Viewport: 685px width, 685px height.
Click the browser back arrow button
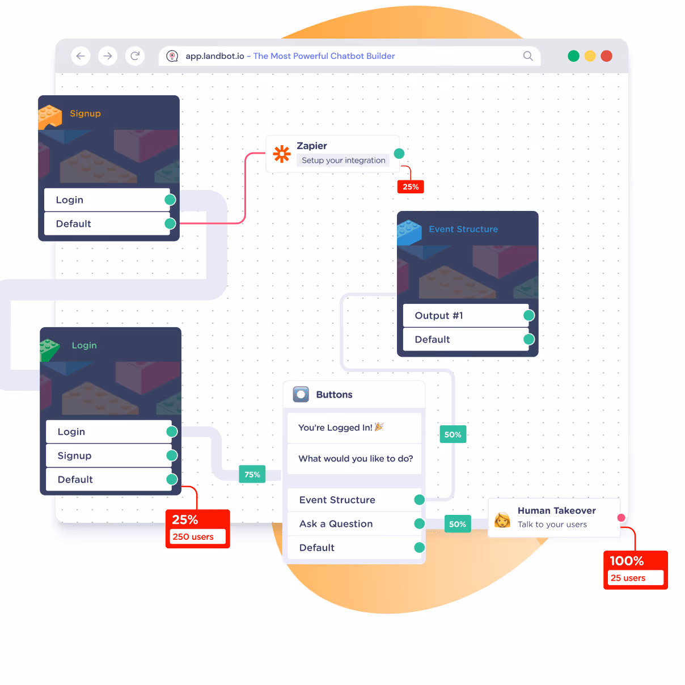[x=81, y=56]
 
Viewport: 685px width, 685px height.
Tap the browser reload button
[x=135, y=56]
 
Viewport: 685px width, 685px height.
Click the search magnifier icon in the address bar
[x=528, y=56]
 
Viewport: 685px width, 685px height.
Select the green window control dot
[x=573, y=56]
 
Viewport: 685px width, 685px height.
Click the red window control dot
[x=606, y=56]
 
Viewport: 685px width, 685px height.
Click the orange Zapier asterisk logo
[x=282, y=154]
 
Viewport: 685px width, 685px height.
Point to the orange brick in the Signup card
[x=50, y=116]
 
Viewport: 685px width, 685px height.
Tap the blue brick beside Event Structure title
[x=409, y=232]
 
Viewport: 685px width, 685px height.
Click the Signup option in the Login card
[x=108, y=456]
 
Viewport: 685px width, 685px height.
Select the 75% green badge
[x=252, y=475]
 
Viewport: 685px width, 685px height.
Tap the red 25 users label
[x=635, y=578]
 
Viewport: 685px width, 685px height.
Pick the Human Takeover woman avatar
[x=502, y=519]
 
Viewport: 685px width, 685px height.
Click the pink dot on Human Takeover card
[x=621, y=518]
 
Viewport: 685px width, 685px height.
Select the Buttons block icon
[x=301, y=394]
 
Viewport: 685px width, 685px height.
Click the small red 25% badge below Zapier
[x=411, y=187]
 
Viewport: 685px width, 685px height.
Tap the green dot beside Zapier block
[x=399, y=154]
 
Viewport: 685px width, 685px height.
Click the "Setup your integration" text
[x=343, y=160]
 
